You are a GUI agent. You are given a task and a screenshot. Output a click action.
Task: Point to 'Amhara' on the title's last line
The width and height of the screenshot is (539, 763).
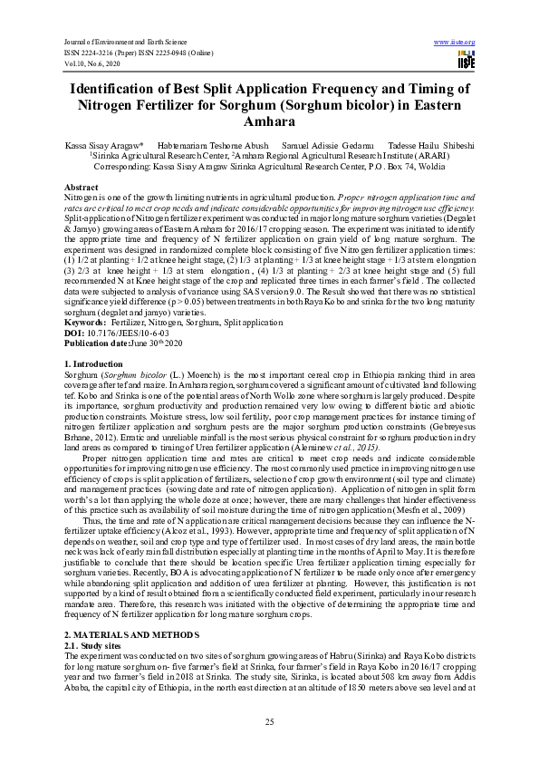tap(269, 121)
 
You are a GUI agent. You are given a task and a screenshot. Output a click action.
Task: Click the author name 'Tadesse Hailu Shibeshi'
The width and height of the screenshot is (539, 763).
tap(430, 145)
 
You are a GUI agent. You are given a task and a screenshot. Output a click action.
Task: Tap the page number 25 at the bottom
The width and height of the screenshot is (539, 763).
tap(269, 721)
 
